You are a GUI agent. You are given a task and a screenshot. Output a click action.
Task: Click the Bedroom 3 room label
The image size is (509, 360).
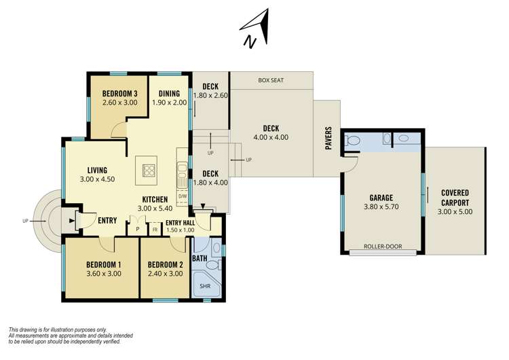click(119, 94)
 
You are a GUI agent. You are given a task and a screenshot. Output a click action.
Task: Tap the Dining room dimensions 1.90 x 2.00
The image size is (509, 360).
click(170, 103)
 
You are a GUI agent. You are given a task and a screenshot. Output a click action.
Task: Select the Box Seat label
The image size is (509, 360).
click(271, 80)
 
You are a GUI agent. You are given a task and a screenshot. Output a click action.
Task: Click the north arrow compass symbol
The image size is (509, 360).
click(256, 29)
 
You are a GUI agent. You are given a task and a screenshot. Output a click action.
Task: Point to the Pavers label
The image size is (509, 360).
click(328, 138)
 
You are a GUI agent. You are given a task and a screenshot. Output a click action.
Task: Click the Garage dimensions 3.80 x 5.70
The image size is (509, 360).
click(381, 206)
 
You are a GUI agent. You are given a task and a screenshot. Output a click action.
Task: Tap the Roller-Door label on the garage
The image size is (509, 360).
click(383, 247)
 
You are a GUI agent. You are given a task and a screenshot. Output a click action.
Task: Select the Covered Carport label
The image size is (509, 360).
click(455, 198)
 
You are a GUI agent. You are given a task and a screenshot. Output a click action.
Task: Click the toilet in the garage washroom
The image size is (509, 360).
click(352, 141)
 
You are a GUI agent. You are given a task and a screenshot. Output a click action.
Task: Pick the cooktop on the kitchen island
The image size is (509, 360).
click(149, 170)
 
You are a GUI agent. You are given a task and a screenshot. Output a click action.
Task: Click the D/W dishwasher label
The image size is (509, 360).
click(183, 196)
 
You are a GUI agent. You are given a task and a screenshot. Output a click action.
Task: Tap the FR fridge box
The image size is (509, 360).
click(155, 230)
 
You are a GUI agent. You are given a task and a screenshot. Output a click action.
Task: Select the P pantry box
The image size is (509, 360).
click(137, 229)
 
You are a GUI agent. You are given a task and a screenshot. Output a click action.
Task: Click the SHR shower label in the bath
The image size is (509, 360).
click(205, 286)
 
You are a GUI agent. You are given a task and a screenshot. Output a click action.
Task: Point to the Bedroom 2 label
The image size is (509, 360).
click(165, 265)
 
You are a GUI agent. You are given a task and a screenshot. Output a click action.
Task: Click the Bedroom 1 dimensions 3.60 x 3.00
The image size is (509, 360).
click(104, 274)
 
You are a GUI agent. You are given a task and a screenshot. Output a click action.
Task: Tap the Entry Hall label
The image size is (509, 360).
click(180, 223)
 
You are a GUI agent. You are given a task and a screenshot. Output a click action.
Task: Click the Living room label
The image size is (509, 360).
click(97, 170)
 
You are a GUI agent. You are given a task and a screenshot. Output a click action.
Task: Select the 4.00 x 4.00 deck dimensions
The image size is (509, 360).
click(271, 137)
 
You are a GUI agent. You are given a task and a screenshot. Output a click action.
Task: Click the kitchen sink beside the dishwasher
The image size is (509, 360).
click(182, 176)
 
